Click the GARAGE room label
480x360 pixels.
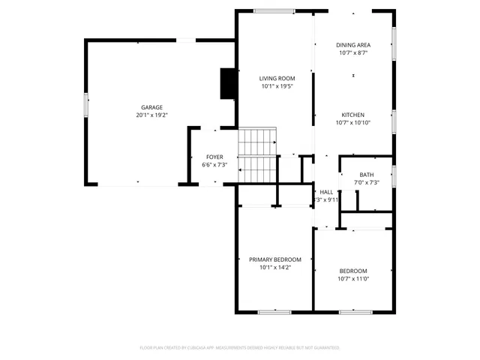click(151, 107)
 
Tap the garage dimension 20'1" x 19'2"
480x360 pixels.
click(151, 115)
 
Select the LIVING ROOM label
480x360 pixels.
click(277, 78)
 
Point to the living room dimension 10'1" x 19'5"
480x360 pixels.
click(277, 86)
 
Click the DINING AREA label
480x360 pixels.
click(353, 45)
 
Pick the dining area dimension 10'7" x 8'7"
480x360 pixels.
click(353, 53)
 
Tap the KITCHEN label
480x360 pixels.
click(353, 115)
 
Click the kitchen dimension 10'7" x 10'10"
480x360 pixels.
click(353, 123)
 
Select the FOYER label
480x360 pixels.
click(214, 157)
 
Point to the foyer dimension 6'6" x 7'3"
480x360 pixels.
click(214, 165)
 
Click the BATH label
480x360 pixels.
click(366, 175)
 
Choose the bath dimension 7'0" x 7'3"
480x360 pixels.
click(366, 183)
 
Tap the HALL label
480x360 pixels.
click(326, 192)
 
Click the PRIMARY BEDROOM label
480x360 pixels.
click(275, 259)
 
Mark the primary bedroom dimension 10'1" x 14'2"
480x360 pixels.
click(275, 267)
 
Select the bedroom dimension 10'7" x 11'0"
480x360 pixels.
click(353, 279)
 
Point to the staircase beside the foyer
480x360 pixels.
click(258, 155)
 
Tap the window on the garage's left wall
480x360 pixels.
click(86, 105)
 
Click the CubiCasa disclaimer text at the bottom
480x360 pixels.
click(240, 348)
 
